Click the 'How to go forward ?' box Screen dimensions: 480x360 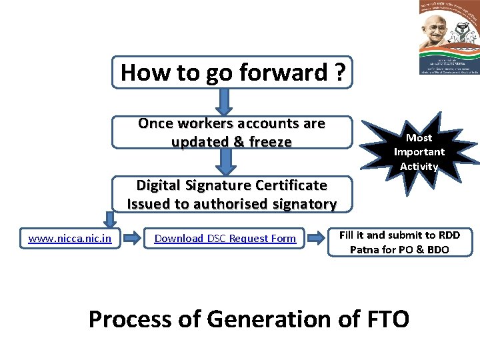pyautogui.click(x=231, y=72)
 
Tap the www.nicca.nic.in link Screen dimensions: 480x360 pyautogui.click(x=70, y=238)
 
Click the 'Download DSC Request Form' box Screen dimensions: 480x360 pyautogui.click(x=225, y=238)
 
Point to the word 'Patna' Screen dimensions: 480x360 pyautogui.click(x=364, y=250)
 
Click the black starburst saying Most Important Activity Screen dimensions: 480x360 pyautogui.click(x=419, y=151)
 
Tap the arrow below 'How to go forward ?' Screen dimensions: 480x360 pyautogui.click(x=225, y=101)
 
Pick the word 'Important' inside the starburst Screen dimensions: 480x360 pyautogui.click(x=419, y=151)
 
